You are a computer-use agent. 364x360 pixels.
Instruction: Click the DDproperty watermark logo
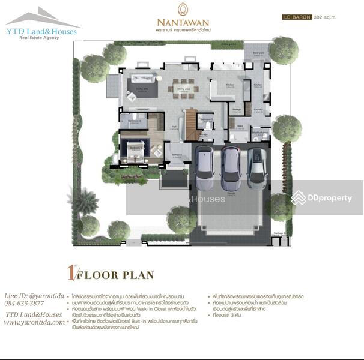click(x=322, y=198)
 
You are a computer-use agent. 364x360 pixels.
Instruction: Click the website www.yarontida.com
click(x=34, y=322)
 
